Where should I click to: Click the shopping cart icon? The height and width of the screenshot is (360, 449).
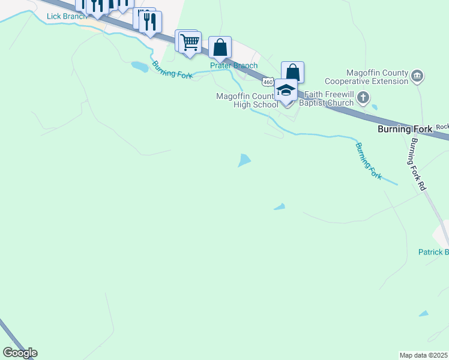[190, 43]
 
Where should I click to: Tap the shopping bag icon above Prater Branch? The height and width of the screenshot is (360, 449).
[220, 48]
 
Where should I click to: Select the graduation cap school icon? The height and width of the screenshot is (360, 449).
[286, 91]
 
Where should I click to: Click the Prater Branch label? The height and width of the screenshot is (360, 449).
[234, 65]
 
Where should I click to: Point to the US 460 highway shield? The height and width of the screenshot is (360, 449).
[268, 82]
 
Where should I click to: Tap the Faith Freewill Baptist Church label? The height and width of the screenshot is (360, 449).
[329, 98]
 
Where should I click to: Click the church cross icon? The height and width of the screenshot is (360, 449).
[363, 97]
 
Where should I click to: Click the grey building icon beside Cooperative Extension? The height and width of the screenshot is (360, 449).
[418, 76]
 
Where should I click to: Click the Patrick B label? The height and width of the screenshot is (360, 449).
[433, 252]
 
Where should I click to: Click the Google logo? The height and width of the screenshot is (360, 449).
[20, 353]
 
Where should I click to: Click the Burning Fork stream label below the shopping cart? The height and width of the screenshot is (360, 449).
[172, 70]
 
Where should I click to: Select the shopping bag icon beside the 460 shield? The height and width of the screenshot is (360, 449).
[292, 73]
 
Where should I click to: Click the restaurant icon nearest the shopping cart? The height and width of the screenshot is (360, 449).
[149, 23]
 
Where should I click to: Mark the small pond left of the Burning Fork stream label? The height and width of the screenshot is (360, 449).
[139, 66]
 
